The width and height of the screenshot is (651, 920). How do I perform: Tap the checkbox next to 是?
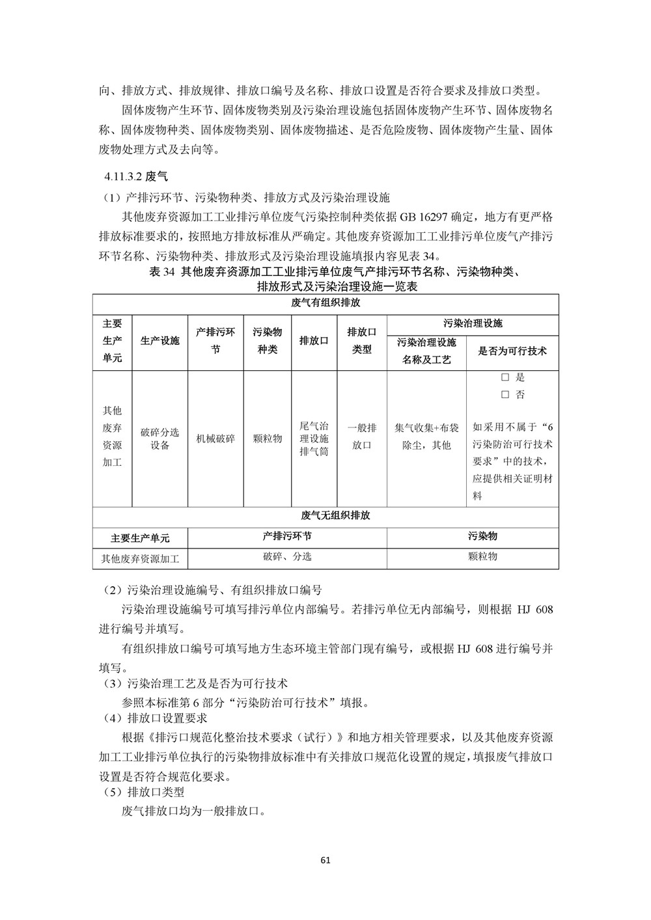coord(505,377)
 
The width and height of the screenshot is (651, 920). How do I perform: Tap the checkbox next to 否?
coord(505,394)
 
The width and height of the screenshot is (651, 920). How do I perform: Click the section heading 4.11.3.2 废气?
coord(136,176)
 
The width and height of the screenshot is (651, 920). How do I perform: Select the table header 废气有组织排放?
coord(325,304)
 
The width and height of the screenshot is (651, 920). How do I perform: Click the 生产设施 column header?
coord(159,340)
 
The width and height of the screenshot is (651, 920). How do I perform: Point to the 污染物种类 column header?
coord(267,340)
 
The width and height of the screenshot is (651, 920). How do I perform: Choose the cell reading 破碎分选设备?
coord(159,439)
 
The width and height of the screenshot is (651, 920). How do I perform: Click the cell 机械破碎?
coord(215,439)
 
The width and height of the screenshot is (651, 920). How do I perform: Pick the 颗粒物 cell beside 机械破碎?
coord(267,439)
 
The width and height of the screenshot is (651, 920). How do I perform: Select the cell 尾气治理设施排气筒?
coord(314,439)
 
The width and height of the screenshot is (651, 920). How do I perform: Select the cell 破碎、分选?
coord(287,556)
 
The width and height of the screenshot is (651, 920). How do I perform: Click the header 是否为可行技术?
coord(512,351)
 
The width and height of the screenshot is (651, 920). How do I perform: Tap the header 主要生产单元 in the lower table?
coord(140,538)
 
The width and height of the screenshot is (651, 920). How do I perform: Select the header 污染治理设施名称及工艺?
coord(426,351)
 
